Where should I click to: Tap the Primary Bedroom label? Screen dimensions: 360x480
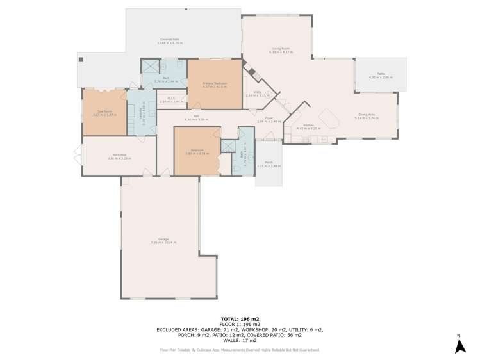(215, 84)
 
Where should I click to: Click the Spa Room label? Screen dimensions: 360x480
(104, 112)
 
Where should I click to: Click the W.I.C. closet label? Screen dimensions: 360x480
(171, 99)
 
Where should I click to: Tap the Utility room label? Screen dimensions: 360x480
(257, 93)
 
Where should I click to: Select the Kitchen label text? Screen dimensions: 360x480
(308, 126)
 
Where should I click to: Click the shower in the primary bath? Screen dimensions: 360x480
(149, 67)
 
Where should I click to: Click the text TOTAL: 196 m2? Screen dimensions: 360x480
(240, 318)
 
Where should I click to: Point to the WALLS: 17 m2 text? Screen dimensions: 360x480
(240, 340)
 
